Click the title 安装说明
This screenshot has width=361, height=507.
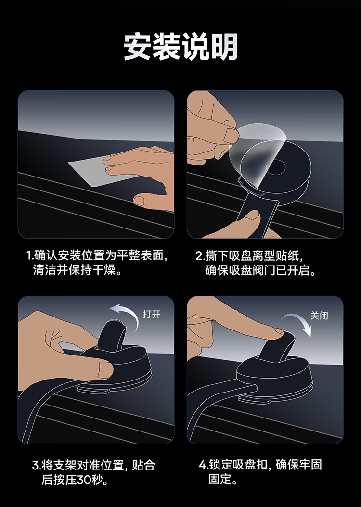click(180, 46)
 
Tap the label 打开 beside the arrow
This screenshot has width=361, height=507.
click(152, 314)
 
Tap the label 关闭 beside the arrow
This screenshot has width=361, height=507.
click(319, 315)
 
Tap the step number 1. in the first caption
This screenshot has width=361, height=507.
click(30, 256)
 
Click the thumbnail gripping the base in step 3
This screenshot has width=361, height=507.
click(105, 369)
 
